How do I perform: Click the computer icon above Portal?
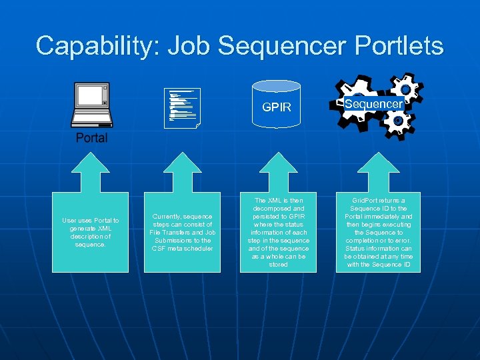91,105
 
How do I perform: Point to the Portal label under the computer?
91,138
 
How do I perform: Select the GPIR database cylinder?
276,105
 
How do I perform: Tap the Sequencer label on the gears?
373,104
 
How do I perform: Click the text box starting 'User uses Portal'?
91,232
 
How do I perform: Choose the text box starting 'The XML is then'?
278,232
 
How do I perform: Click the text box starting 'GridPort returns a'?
378,232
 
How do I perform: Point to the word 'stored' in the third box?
278,265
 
